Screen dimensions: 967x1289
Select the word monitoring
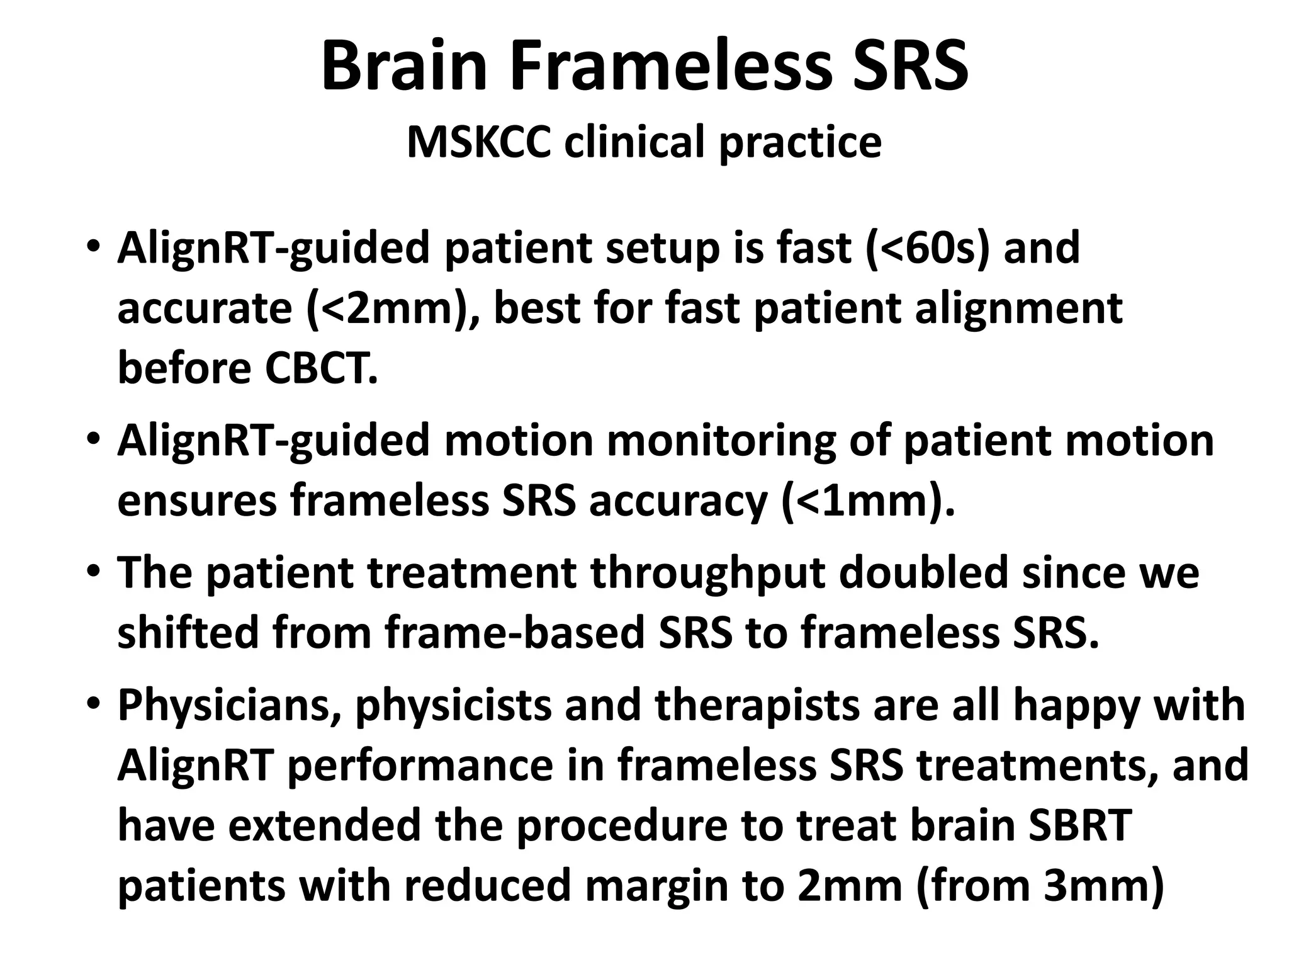pos(721,440)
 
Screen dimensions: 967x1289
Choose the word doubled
pos(923,572)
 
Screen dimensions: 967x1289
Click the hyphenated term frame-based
pos(515,633)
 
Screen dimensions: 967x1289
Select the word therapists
pos(757,706)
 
